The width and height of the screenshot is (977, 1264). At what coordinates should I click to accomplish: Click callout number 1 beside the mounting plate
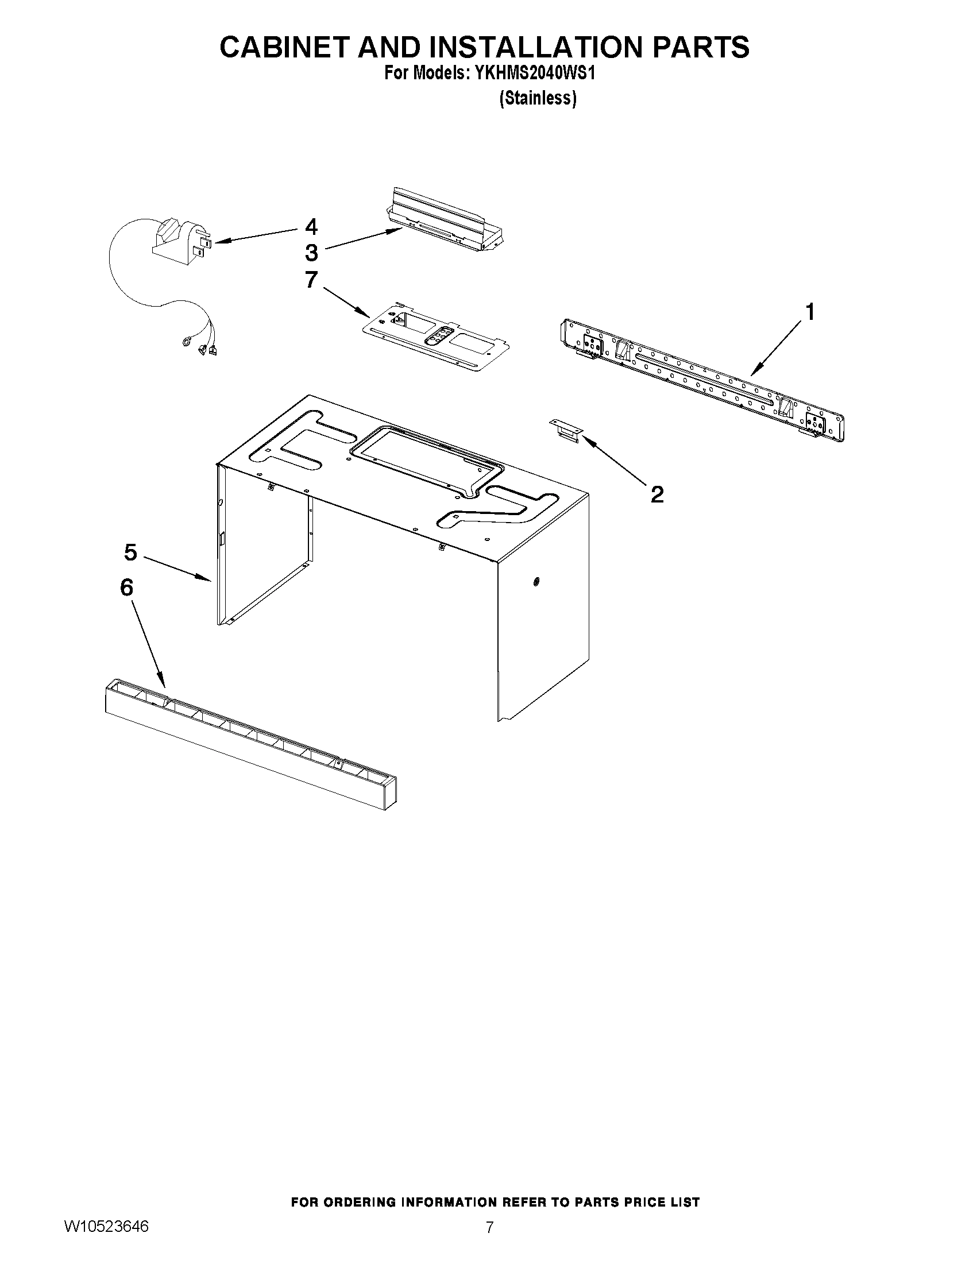(x=810, y=312)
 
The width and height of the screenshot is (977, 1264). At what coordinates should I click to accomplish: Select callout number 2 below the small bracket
(x=657, y=494)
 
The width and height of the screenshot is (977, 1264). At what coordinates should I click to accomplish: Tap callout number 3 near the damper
(x=311, y=253)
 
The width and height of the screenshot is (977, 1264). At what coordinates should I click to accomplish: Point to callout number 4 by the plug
(x=311, y=227)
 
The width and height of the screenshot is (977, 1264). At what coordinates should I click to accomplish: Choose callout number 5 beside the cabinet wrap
(x=131, y=552)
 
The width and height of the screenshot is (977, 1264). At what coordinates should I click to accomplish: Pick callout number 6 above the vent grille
(x=127, y=587)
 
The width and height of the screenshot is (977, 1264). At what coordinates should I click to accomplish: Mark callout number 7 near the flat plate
(x=311, y=280)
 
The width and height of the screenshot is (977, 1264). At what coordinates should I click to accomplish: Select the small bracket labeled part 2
(x=566, y=431)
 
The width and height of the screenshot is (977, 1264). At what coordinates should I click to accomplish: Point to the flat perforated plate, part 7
(x=437, y=342)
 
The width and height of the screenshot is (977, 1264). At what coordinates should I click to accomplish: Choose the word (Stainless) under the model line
(x=538, y=99)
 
